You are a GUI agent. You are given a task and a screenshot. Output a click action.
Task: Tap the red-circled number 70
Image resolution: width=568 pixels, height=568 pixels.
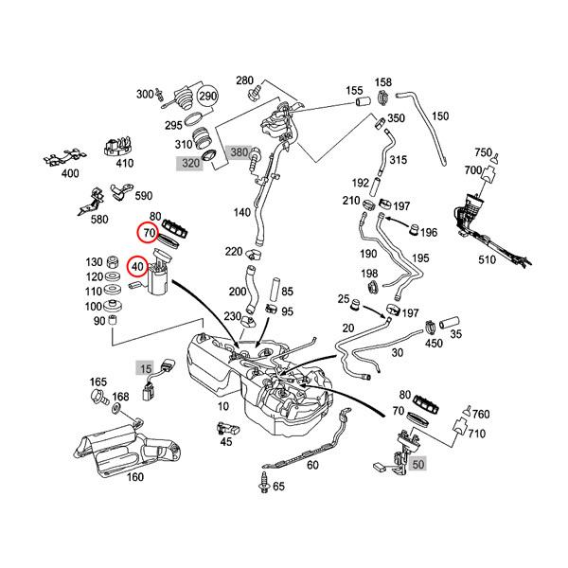click(149, 232)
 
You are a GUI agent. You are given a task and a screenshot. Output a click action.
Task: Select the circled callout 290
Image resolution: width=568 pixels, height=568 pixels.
click(207, 97)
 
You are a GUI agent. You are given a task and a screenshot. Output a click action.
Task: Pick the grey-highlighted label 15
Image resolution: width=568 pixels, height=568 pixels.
click(146, 366)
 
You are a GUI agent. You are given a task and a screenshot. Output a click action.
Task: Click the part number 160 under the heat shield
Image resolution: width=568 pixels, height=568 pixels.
click(134, 476)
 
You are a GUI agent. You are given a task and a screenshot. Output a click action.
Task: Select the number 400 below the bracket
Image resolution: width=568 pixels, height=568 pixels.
click(71, 173)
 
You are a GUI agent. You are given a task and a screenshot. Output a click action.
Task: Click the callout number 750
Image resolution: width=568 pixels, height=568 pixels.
click(484, 152)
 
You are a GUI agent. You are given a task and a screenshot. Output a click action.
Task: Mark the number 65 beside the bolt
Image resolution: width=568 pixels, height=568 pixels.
click(278, 487)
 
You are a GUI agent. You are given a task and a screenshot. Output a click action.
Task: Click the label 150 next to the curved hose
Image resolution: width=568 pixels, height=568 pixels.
click(440, 116)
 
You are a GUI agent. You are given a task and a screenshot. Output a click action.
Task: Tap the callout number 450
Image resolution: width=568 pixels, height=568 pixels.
click(435, 343)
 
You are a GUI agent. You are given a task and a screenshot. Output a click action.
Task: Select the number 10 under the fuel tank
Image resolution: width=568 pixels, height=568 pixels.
click(223, 405)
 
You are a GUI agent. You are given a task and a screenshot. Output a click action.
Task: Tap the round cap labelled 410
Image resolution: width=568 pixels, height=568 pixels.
click(116, 145)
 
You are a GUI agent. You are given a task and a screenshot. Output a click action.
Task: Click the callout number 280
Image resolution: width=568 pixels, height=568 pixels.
click(245, 80)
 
